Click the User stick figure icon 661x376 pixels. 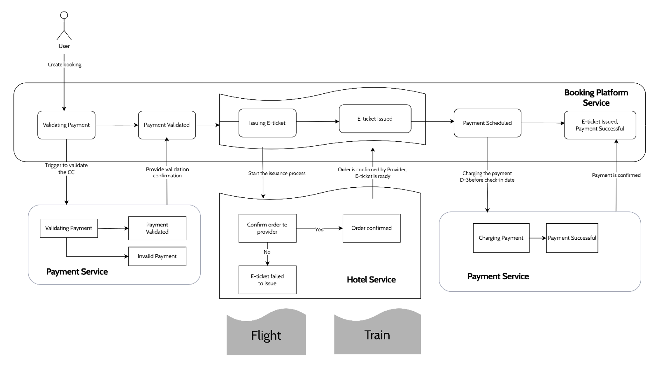coord(64,26)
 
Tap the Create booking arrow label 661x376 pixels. coord(65,65)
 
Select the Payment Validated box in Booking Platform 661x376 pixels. coord(167,125)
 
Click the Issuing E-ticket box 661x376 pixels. coord(267,123)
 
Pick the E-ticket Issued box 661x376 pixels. coord(375,119)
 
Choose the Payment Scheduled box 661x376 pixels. coord(487,123)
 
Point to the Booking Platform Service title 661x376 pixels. coord(596,98)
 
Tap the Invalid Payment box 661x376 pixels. coord(157,256)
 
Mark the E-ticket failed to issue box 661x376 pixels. coord(267,280)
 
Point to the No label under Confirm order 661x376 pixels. coord(267,252)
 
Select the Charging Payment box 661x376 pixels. coord(501,238)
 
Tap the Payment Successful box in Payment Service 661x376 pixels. coord(572,238)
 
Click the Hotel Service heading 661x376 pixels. coord(371,279)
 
